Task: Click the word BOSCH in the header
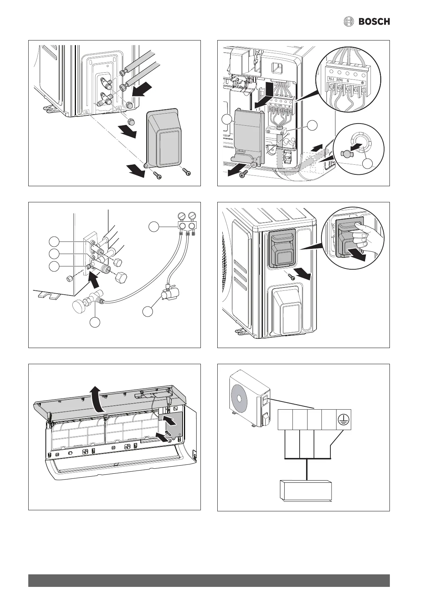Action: [374, 22]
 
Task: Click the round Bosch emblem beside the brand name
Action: [349, 22]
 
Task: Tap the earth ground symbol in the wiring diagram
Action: [343, 420]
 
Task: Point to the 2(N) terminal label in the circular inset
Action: [340, 81]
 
